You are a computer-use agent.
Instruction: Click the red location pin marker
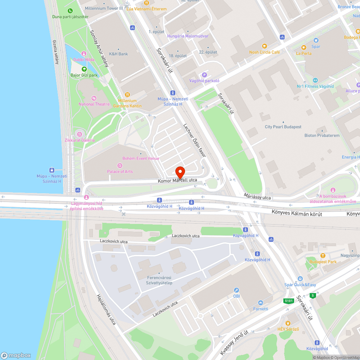(x=180, y=171)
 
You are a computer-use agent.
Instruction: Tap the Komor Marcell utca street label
(x=177, y=180)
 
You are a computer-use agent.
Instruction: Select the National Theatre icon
(x=94, y=98)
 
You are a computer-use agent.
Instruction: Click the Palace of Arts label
(x=120, y=171)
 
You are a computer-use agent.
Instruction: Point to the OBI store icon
(x=237, y=290)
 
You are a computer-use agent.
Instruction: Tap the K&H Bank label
(x=118, y=54)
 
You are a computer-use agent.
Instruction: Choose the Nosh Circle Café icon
(x=264, y=46)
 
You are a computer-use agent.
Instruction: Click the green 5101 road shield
(x=288, y=301)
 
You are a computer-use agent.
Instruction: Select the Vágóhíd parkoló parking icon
(x=204, y=75)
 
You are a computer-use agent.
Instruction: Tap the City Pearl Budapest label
(x=283, y=127)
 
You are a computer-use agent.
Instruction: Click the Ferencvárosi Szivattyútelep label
(x=159, y=280)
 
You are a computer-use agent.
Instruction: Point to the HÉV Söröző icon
(x=288, y=323)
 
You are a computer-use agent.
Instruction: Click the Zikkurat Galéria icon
(x=80, y=134)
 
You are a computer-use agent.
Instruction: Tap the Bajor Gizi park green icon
(x=84, y=69)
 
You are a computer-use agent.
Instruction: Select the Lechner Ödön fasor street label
(x=194, y=140)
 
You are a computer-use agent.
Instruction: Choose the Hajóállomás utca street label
(x=106, y=309)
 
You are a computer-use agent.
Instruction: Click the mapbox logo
(x=16, y=355)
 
